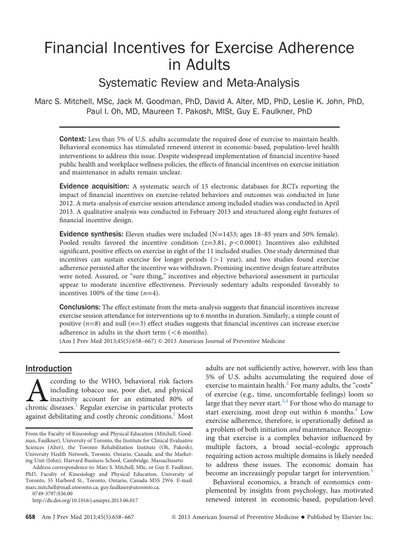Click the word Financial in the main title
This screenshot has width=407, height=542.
pos(73,49)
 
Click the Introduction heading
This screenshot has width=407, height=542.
pos(49,369)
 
